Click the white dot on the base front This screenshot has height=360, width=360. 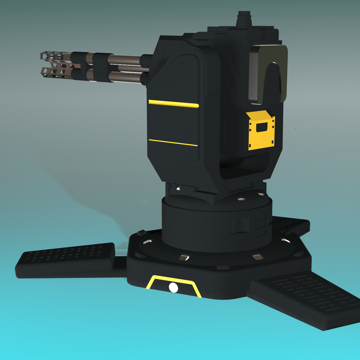click(173, 287)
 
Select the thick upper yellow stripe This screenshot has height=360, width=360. click(173, 104)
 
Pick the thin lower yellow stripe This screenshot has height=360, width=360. click(173, 142)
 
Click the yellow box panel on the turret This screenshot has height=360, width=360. click(261, 131)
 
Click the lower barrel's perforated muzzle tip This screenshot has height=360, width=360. click(52, 73)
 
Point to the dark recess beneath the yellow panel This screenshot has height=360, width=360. click(245, 167)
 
